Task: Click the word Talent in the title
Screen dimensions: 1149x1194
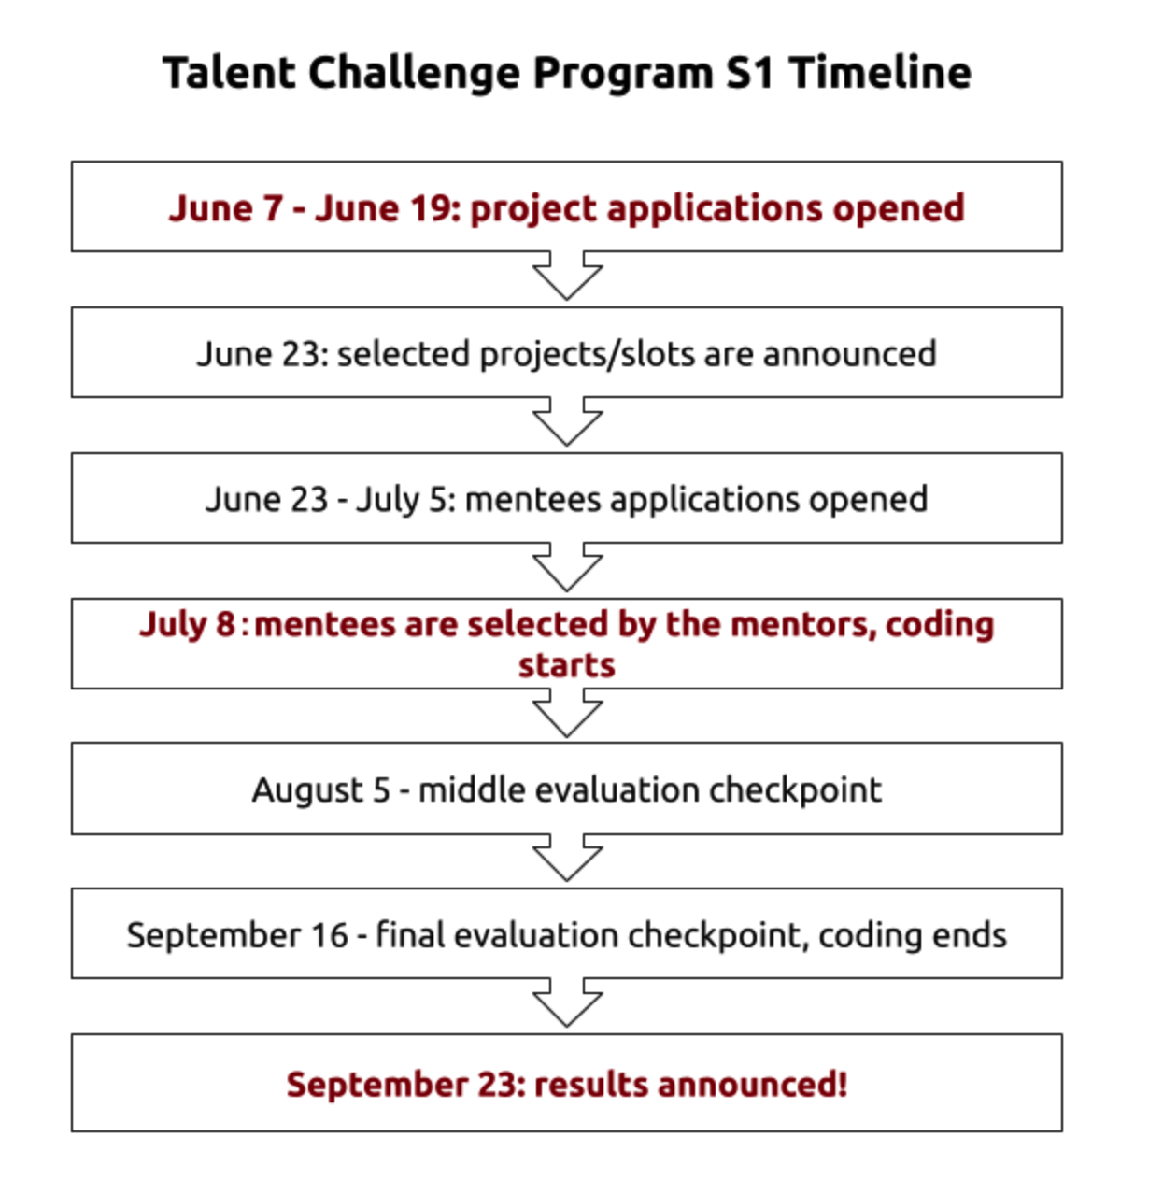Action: [229, 73]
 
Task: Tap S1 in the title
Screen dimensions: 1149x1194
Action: [749, 73]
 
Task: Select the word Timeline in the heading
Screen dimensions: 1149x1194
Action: [880, 73]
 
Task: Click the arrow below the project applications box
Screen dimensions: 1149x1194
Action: [567, 276]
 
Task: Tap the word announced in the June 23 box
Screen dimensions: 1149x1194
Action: [849, 354]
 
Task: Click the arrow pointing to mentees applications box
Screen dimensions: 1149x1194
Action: [567, 421]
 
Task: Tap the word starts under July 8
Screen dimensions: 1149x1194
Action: [567, 665]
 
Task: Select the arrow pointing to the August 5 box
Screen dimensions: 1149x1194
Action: [567, 712]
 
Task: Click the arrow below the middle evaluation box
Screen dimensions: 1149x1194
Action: [567, 858]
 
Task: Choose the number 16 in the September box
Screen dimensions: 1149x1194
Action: [330, 936]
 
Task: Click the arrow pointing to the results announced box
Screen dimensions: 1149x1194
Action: [567, 1002]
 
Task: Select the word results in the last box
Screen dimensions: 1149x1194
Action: [591, 1085]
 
